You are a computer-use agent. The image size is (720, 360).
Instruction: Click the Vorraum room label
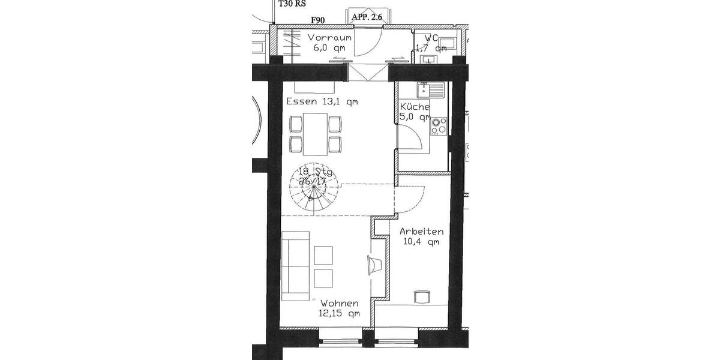pos(329,38)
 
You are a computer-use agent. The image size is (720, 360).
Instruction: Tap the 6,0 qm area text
pos(329,48)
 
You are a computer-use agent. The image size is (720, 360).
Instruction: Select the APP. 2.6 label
pos(367,17)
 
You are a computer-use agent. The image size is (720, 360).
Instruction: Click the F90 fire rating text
pos(317,20)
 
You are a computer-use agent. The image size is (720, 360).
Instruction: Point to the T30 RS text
pos(291,3)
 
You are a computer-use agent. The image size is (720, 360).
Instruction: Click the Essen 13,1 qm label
pos(322,101)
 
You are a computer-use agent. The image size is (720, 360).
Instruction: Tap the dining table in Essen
pos(315,134)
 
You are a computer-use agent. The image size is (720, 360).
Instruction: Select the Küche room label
pos(415,107)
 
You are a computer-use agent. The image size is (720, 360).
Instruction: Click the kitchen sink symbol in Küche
pos(431,91)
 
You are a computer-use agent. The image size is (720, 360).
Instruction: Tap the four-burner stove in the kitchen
pos(439,125)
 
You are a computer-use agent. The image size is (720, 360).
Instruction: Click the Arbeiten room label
pos(422,231)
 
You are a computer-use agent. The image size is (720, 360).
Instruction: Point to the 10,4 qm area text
pos(422,242)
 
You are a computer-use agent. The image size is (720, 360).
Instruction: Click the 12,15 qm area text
pos(340,313)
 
